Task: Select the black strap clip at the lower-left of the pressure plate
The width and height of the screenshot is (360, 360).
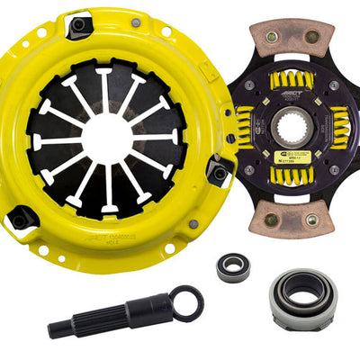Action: pos(21,219)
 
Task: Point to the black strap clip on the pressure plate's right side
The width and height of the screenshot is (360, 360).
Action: pos(219,171)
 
